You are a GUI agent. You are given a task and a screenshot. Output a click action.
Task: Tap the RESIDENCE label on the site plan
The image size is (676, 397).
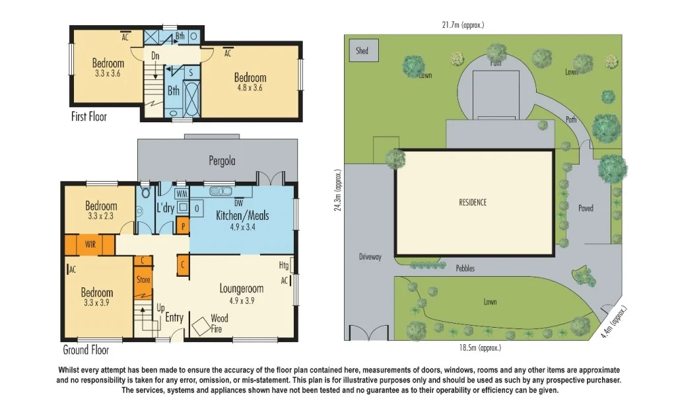pos(473,202)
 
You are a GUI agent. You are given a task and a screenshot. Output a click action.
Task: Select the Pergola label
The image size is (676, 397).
pos(222,161)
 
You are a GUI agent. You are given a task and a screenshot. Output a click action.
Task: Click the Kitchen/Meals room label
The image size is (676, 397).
pos(242,215)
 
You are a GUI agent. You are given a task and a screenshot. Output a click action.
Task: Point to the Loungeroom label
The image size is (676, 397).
pos(242,289)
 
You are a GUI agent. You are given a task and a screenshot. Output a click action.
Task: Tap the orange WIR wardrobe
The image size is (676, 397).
pos(90,244)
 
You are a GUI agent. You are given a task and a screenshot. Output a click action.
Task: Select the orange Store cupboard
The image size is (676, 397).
pos(143,279)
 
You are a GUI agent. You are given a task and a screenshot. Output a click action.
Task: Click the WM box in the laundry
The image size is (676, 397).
pos(182,194)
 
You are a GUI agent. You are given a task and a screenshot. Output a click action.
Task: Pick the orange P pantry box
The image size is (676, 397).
pos(183,227)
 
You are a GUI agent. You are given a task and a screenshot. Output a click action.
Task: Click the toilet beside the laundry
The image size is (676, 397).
pos(140,209)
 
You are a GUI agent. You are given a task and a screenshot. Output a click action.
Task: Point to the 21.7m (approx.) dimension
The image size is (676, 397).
pos(463,25)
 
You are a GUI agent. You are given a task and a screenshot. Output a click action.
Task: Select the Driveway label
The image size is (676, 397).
pos(370,257)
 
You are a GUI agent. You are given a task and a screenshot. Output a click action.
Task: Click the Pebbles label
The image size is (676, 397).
pos(465,269)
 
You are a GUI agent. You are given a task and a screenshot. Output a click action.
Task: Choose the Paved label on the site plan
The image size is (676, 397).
pos(586,208)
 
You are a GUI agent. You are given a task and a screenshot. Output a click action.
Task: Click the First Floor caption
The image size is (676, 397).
pos(88,116)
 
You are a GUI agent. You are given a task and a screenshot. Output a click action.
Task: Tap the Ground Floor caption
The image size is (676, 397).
pos(86,349)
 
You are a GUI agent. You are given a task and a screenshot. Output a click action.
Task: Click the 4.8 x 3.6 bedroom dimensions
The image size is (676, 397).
pos(249,87)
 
